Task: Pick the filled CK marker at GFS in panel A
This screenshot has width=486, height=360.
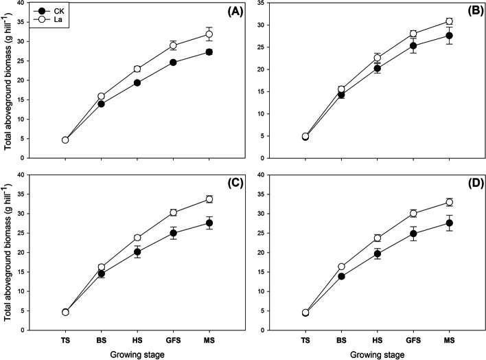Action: coord(173,63)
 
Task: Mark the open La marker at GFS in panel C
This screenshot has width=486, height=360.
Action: coord(173,212)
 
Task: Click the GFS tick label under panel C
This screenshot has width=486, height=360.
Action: coord(173,339)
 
